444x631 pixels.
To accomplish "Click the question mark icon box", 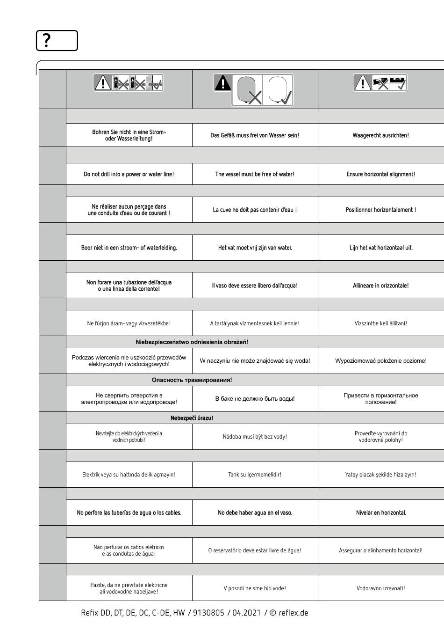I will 57,41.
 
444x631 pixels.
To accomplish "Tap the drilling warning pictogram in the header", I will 129,83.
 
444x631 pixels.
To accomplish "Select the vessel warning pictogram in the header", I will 254,89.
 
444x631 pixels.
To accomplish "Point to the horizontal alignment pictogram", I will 380,83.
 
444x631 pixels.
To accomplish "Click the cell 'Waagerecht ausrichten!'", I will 380,135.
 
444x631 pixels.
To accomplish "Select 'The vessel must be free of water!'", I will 255,174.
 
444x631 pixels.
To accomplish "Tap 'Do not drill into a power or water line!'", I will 129,174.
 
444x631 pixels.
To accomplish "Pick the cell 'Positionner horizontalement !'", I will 380,210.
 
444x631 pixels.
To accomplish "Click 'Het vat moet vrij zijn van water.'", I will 255,248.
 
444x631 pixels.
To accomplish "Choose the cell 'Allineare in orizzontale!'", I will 380,286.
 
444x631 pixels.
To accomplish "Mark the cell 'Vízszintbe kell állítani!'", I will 380,323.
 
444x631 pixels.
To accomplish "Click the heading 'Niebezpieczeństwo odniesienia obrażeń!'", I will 192,342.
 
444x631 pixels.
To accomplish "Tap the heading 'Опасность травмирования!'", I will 192,380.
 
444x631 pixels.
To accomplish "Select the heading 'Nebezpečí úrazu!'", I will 192,418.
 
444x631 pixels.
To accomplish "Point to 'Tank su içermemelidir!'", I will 255,475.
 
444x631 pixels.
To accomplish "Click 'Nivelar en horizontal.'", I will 380,513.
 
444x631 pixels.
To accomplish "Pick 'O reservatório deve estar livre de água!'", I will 255,550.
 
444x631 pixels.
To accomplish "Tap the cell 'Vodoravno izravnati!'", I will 380,588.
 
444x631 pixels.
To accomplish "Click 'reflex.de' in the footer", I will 293,613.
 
